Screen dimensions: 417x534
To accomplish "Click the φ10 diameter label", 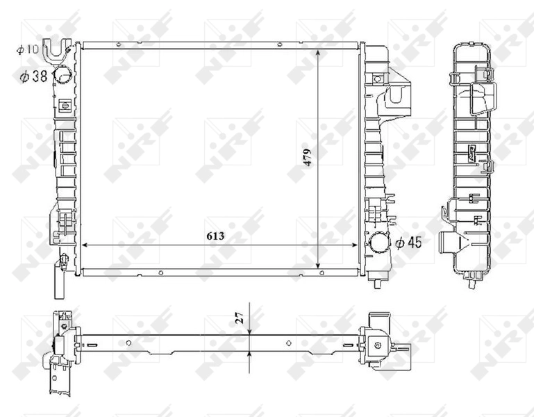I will pos(30,49).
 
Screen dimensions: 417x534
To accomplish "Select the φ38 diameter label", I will pos(33,76).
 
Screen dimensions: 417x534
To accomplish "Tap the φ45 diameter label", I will pos(408,243).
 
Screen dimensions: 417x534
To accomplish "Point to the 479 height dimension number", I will pos(307,157).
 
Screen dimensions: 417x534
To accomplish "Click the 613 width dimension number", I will pos(215,236).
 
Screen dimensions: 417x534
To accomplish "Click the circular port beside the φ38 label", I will pos(62,75).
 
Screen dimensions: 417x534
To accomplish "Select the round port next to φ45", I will pos(380,244).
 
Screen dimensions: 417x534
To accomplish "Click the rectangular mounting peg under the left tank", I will pos(58,284).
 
